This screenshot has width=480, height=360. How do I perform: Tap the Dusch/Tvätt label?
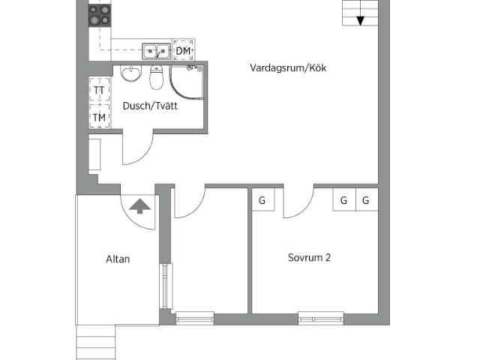click(150, 106)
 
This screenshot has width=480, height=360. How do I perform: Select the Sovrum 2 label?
click(309, 257)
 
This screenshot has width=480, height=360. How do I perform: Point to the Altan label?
click(118, 259)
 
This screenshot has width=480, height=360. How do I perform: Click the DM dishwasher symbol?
click(183, 50)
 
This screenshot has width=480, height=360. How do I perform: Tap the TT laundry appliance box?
click(99, 91)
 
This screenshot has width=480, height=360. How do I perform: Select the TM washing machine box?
click(99, 117)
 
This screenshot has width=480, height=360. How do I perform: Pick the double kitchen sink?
click(157, 51)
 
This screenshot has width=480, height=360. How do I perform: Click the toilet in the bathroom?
click(157, 77)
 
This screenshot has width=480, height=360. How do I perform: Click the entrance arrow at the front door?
click(140, 205)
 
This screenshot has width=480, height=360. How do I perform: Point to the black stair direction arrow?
click(361, 20)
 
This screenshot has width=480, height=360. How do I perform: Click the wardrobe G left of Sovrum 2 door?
click(262, 200)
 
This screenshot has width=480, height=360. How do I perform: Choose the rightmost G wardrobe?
click(366, 200)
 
